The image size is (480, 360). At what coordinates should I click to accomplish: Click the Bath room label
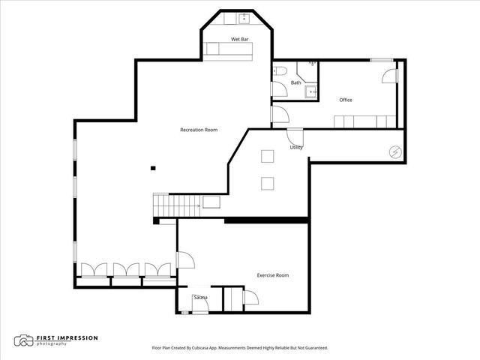(296, 82)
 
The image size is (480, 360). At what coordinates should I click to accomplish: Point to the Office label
(345, 100)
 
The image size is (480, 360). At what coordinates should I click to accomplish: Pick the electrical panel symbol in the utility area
(394, 151)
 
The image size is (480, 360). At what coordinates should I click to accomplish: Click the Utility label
(296, 148)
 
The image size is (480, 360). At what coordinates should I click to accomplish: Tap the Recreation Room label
(199, 130)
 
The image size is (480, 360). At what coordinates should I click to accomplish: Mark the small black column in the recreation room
(152, 168)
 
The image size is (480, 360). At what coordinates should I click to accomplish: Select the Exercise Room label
(272, 275)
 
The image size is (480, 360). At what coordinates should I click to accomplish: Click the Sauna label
(200, 298)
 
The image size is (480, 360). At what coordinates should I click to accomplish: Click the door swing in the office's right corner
(389, 75)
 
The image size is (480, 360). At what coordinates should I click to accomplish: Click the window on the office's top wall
(381, 59)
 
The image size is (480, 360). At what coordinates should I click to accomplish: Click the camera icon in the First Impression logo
(25, 340)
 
